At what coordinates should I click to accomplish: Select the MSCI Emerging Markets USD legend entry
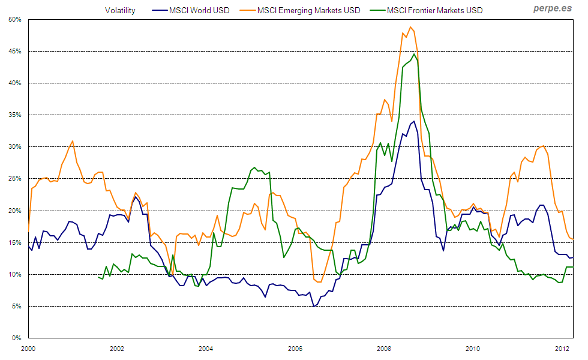308,10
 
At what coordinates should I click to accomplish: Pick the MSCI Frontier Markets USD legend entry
434,10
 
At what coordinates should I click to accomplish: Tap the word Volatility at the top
120,10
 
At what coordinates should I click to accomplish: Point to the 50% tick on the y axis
15,19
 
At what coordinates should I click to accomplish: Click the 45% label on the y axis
15,51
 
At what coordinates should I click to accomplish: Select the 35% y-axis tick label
15,115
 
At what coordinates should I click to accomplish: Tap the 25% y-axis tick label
15,178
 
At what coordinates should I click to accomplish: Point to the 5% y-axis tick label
17,306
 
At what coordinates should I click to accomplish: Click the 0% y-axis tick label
17,338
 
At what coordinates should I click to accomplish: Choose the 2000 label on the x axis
28,348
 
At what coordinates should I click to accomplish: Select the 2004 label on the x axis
206,348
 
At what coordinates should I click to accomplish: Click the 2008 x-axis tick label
384,348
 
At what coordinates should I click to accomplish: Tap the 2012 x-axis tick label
562,348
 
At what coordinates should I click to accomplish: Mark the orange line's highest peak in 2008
410,27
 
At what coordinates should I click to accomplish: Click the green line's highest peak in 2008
414,54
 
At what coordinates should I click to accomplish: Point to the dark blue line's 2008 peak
413,121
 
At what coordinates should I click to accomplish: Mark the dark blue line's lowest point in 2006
313,307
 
